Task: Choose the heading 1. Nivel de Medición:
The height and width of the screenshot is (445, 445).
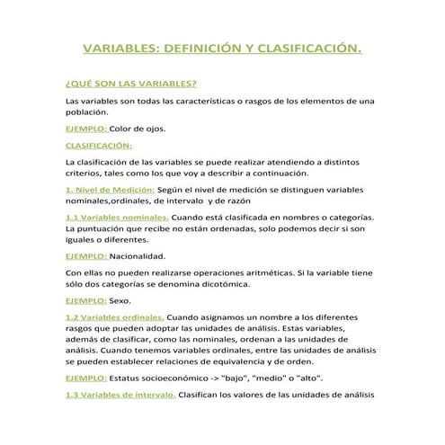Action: pos(111,190)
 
